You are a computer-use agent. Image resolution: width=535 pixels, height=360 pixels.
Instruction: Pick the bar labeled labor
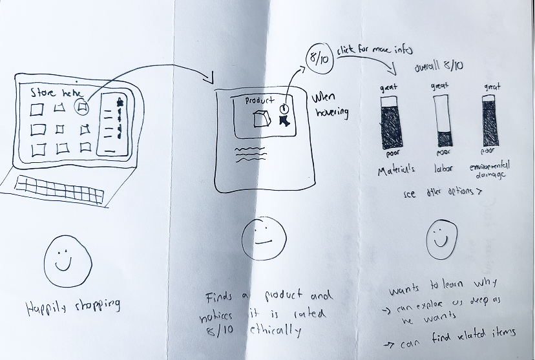441,121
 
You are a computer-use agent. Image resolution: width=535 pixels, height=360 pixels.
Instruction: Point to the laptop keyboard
59,188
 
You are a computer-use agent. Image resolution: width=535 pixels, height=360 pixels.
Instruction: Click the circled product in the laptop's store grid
82,108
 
